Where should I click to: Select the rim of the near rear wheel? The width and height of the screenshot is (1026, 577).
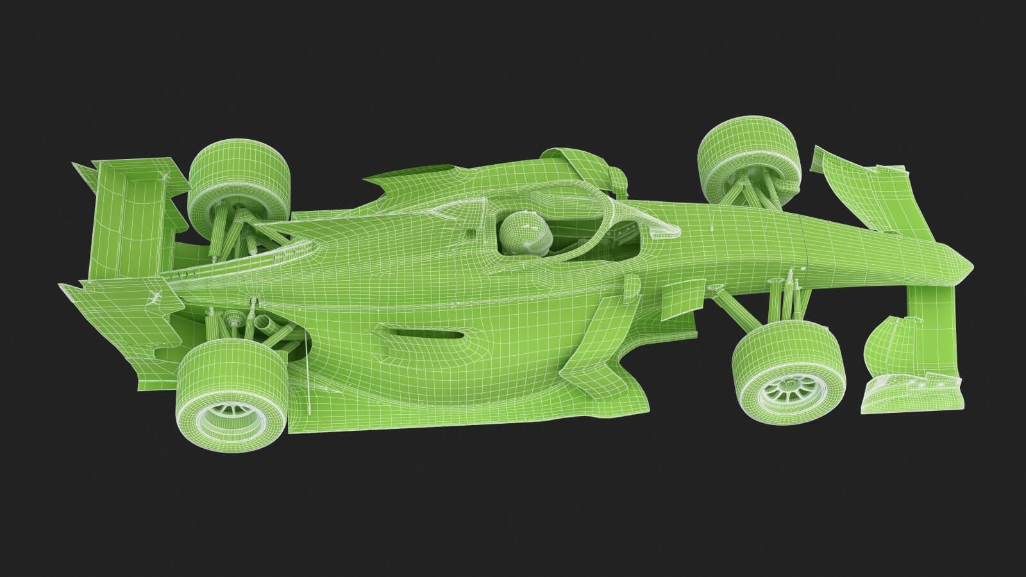coord(228,421)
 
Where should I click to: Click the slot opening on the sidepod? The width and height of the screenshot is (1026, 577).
coord(421,333)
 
